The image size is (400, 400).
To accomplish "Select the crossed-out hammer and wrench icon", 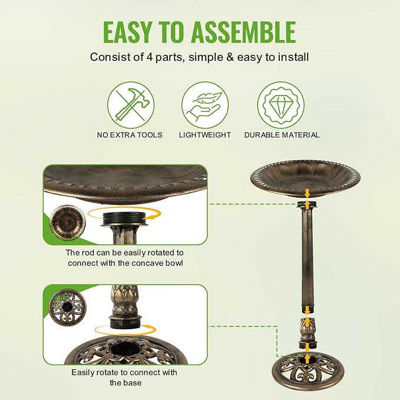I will coord(130,105).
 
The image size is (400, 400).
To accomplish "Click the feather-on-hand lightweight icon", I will coord(204,105).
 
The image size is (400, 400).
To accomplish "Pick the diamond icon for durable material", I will coord(281,105).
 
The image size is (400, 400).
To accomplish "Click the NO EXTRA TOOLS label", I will coord(130,135).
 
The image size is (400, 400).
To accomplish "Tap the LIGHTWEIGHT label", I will coord(204,135).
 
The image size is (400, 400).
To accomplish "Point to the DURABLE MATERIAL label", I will coord(282,135).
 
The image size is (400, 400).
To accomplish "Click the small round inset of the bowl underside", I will coord(67,223).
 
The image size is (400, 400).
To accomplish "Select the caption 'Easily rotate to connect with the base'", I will coord(124,377).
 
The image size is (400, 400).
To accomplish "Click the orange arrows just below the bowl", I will coord(307,194).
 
